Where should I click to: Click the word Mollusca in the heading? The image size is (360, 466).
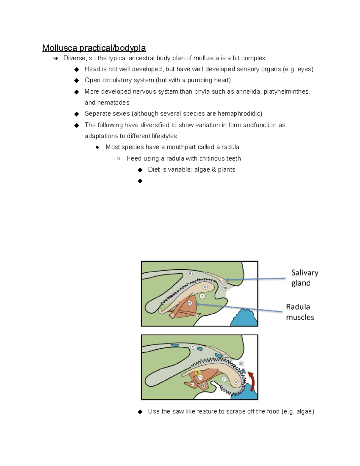[60, 48]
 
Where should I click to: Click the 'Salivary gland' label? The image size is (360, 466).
[304, 278]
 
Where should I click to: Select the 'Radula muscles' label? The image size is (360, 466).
[300, 312]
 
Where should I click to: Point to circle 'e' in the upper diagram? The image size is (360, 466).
[190, 273]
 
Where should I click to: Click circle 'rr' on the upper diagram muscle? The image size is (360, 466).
[190, 303]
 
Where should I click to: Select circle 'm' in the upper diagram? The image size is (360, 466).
[224, 288]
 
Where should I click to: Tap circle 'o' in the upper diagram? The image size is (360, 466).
[205, 287]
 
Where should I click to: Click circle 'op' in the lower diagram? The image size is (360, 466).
[200, 377]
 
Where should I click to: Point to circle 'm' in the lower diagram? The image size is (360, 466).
[241, 364]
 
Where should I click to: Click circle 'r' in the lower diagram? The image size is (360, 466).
[224, 379]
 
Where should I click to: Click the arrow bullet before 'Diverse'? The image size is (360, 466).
[55, 58]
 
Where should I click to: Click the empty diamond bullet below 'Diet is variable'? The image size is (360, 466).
[140, 181]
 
